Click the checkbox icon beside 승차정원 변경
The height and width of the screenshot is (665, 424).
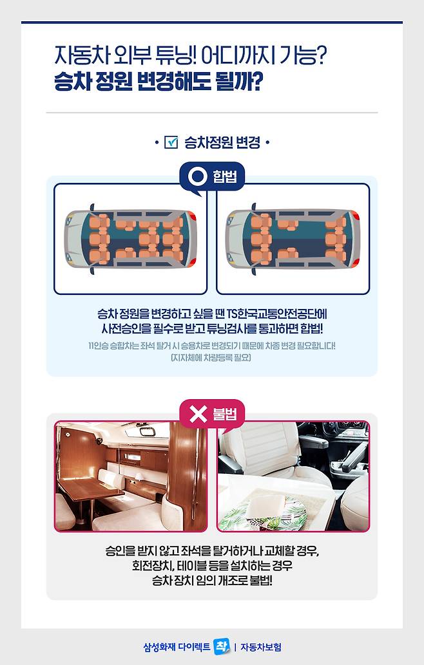(x=171, y=142)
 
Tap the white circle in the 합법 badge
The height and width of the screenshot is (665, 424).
(x=197, y=176)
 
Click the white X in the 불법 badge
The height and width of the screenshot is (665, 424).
(x=198, y=413)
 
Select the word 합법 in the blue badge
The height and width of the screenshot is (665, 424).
(x=224, y=176)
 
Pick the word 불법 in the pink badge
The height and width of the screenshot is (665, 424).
(x=224, y=413)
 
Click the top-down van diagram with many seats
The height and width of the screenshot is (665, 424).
(x=131, y=239)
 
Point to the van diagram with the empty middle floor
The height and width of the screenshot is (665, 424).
(x=293, y=239)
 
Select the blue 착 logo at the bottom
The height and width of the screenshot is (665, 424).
(x=222, y=647)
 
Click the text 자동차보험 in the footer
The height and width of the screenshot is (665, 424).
(x=261, y=647)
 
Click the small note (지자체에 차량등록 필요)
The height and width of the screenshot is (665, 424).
(x=211, y=357)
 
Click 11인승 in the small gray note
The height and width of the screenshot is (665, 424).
(x=99, y=346)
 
